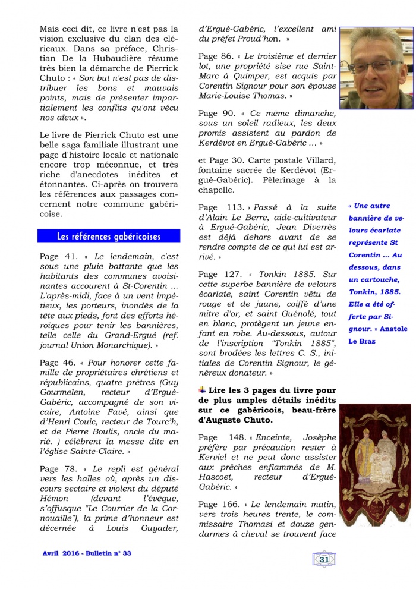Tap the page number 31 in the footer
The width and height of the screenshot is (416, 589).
[324, 559]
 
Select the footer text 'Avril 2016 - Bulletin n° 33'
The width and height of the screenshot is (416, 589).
[87, 553]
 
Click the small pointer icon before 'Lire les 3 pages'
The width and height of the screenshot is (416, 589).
[202, 389]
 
